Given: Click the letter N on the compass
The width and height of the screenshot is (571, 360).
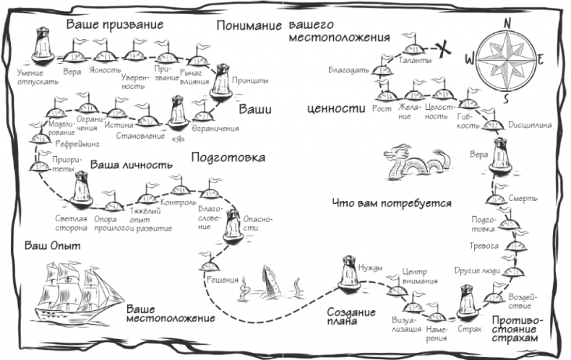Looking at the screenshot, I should pos(507,22).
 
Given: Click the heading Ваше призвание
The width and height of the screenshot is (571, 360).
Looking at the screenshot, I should pos(115,25).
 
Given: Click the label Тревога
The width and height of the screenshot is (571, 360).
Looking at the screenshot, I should pos(487,247).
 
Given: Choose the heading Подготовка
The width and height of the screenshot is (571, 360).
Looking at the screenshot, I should pos(228,157).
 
